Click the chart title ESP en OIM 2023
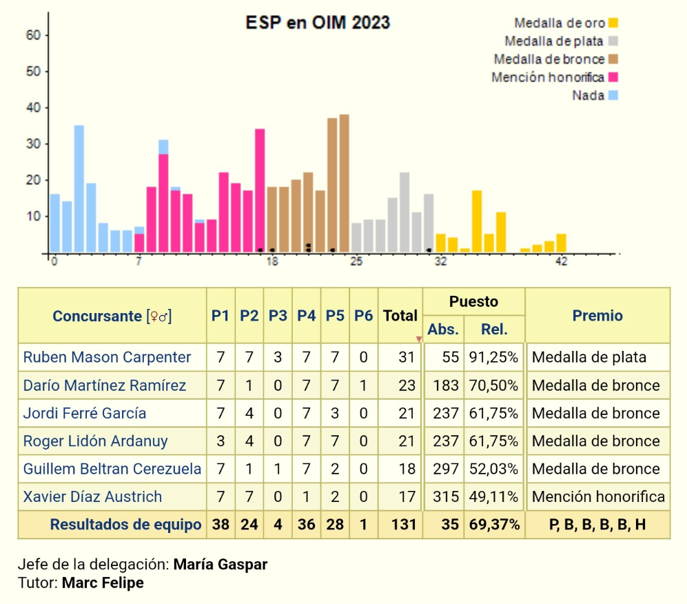point(318,23)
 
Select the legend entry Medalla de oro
point(560,23)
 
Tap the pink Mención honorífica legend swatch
point(613,77)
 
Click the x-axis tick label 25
point(356,262)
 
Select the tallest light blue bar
point(79,188)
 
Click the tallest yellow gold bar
point(477,221)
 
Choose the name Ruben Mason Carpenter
point(107,357)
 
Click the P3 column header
point(278,316)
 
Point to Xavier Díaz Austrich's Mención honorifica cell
point(598,496)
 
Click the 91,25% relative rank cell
point(494,357)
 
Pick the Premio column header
point(597,316)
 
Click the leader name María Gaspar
point(221,565)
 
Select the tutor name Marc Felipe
point(103,583)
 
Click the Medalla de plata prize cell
point(589,357)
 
